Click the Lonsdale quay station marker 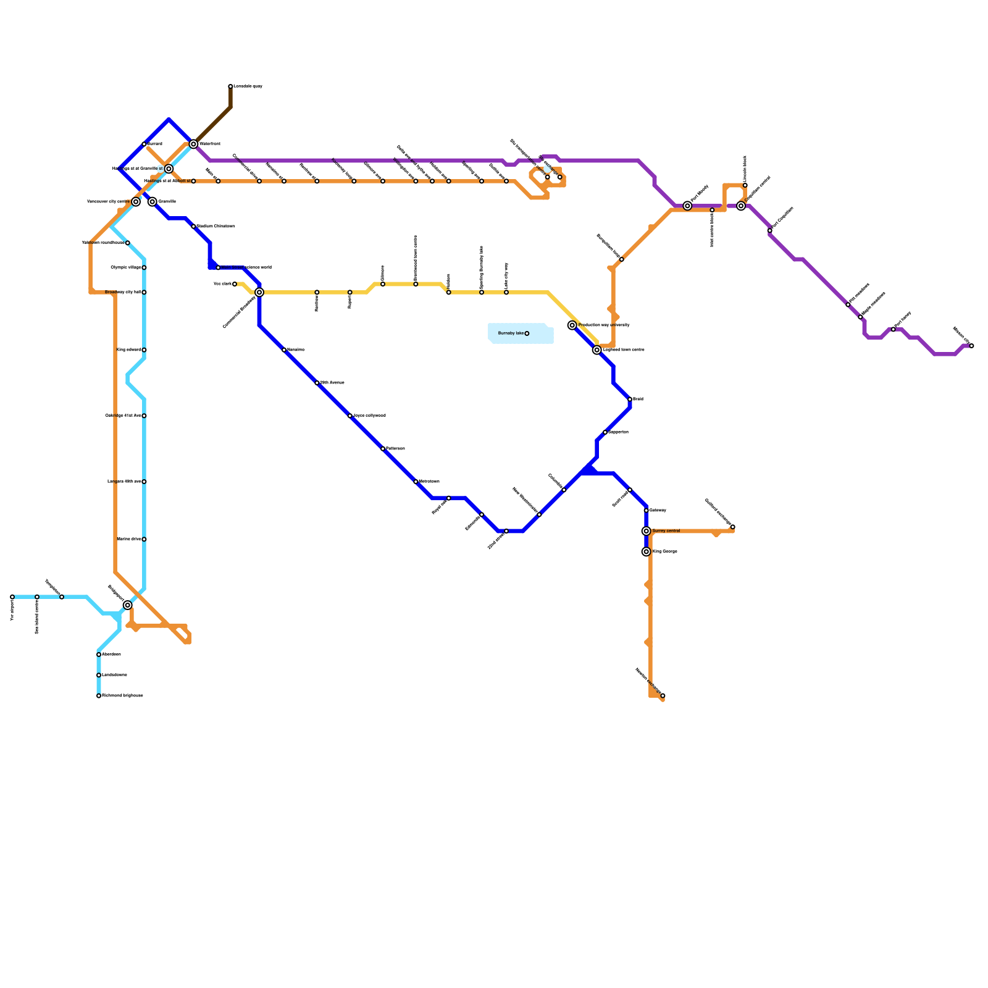tap(230, 86)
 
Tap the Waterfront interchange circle tap(193, 144)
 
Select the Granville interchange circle tap(153, 202)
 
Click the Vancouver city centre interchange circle tap(136, 202)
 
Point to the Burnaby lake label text tap(511, 333)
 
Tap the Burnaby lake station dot tap(527, 333)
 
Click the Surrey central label tap(666, 531)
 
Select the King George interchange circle tap(647, 551)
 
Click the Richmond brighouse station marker tap(99, 696)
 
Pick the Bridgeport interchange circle tap(128, 605)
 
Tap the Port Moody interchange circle tap(687, 206)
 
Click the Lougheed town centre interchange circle tap(597, 350)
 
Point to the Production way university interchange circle tap(572, 325)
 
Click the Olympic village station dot tap(144, 267)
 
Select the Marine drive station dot tap(144, 539)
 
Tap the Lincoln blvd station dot tap(745, 185)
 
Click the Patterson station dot tap(383, 449)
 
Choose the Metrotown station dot tap(416, 482)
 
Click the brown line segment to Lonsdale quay tap(213, 125)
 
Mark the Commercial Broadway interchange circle tap(259, 292)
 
